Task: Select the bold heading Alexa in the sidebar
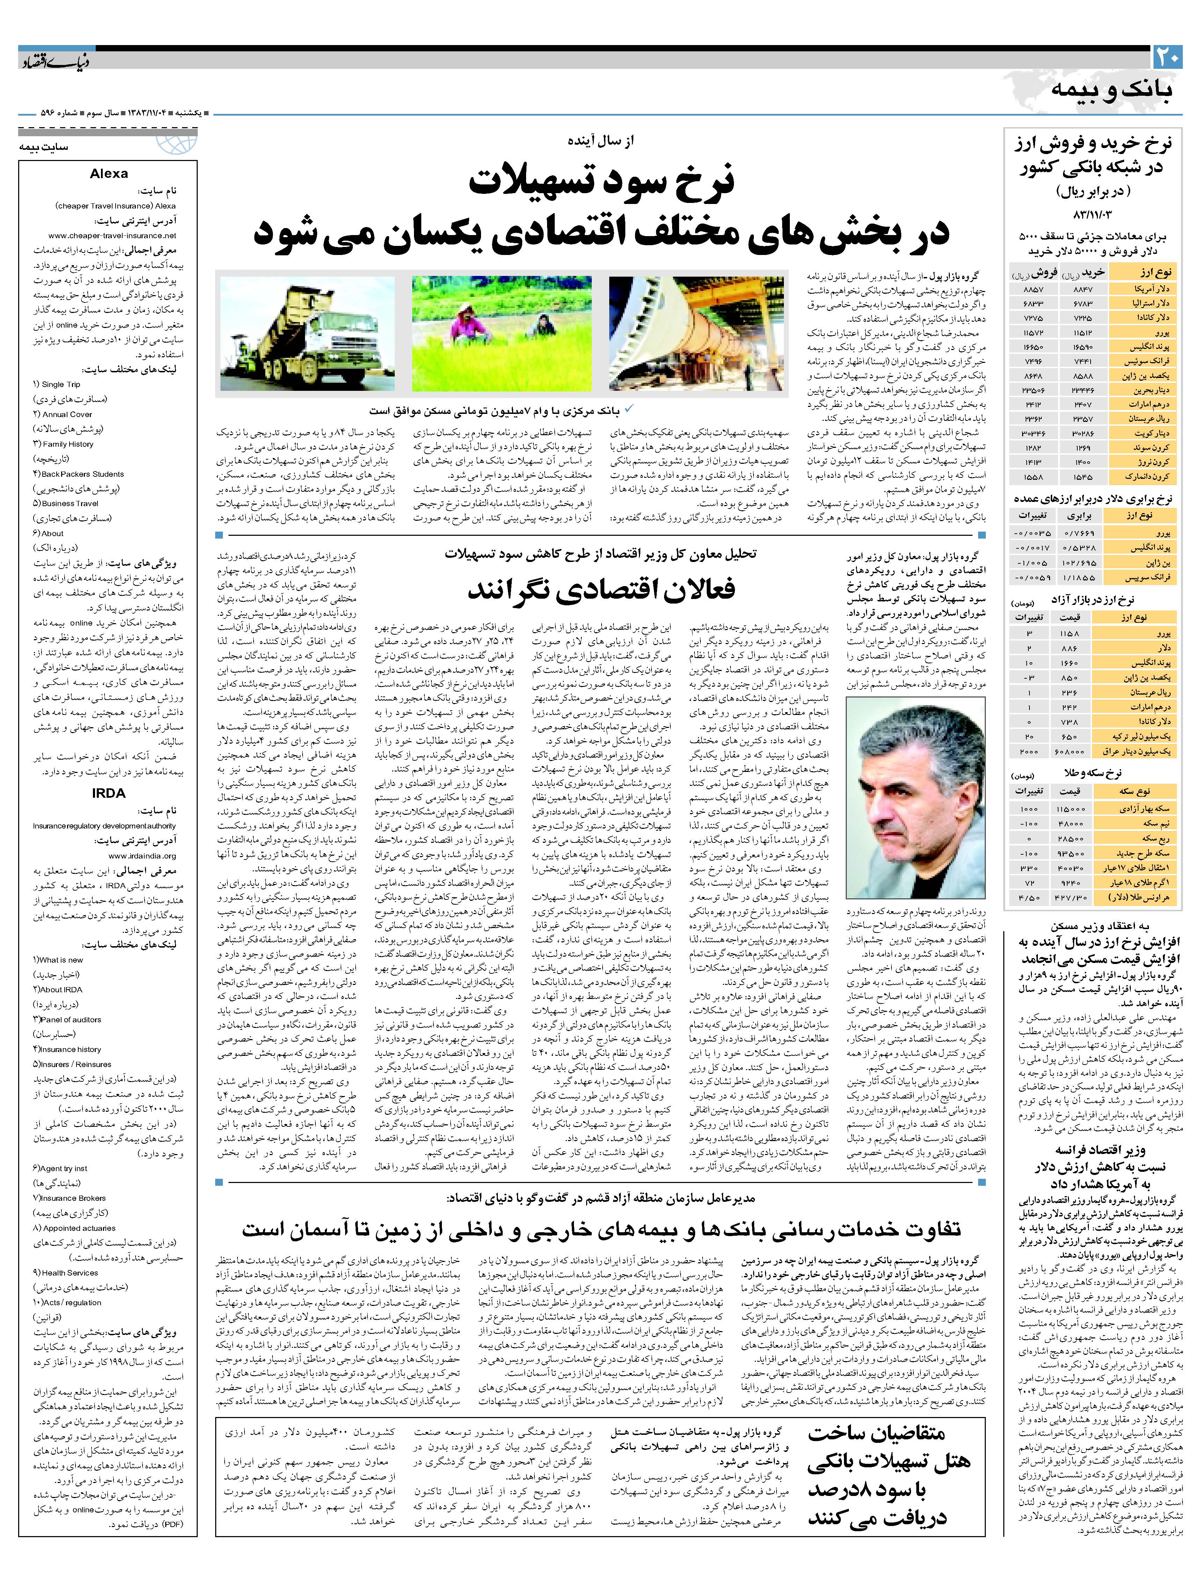tap(109, 173)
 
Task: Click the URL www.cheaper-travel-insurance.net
tap(112, 235)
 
